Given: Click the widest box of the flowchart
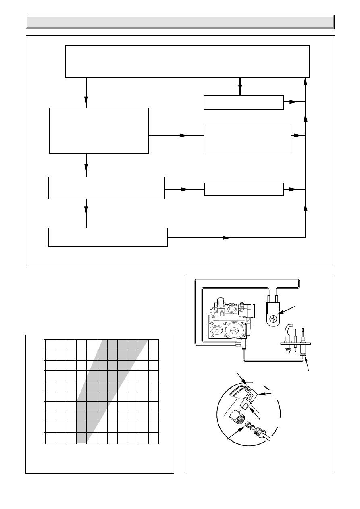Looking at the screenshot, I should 187,61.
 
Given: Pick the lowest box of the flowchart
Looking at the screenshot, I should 108,237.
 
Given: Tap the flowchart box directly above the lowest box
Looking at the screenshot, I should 106,187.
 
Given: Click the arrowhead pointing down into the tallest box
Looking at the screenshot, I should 87,104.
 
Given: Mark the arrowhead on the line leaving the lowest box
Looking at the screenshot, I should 226,237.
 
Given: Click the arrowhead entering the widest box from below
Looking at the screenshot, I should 306,82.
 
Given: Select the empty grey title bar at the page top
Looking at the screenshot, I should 180,22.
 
